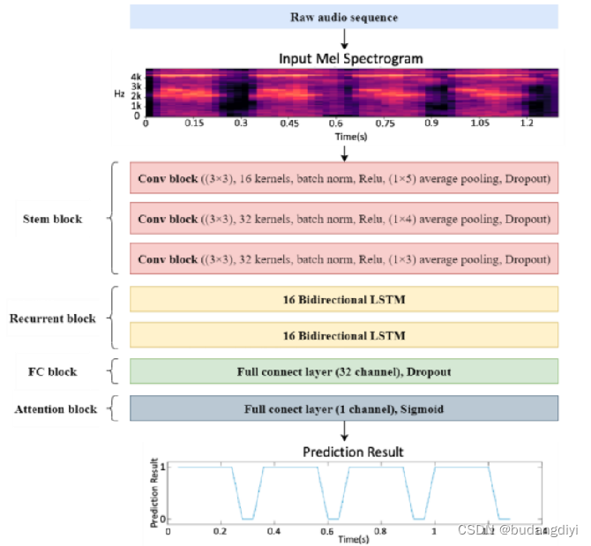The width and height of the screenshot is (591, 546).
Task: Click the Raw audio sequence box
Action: (344, 17)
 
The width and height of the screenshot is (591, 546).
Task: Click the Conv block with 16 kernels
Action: (344, 179)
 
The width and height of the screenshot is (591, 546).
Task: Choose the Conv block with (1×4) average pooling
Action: (344, 219)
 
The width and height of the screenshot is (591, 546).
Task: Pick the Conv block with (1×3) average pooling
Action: (344, 259)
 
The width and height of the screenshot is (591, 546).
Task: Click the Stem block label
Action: (54, 219)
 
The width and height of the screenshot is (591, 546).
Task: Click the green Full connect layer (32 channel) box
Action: (344, 371)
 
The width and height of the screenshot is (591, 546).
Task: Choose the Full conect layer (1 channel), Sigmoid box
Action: (344, 409)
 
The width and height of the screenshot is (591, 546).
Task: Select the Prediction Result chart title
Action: (353, 452)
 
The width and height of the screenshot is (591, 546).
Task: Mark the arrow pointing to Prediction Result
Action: (344, 432)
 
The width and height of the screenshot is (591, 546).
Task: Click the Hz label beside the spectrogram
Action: (118, 92)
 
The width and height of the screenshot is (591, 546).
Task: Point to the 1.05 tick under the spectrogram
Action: (480, 124)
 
